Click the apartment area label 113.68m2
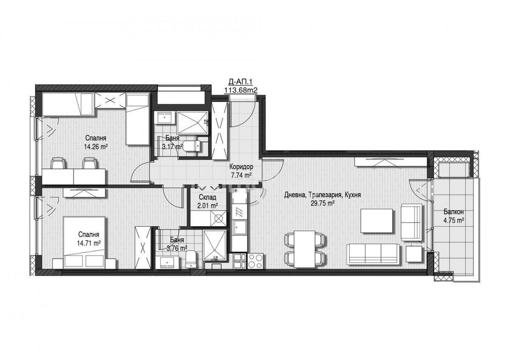pyautogui.click(x=240, y=91)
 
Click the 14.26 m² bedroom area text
pyautogui.click(x=96, y=146)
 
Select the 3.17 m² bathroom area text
pyautogui.click(x=172, y=147)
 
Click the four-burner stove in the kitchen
pyautogui.click(x=256, y=260)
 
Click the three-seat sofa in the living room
pyautogui.click(x=372, y=253)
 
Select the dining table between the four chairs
pyautogui.click(x=305, y=248)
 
